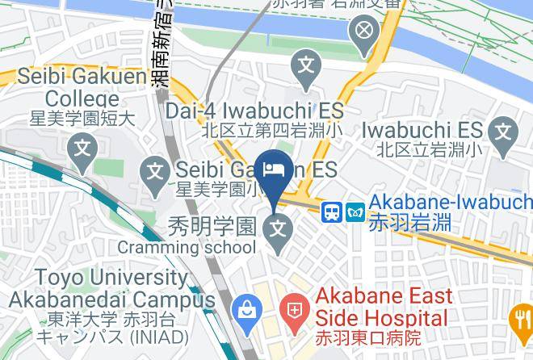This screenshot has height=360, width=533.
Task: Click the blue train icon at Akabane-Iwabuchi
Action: pos(331,211)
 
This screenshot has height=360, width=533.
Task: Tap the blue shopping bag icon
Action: pos(244,308)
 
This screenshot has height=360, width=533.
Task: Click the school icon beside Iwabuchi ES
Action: pos(505,129)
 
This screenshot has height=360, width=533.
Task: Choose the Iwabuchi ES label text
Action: pos(422,129)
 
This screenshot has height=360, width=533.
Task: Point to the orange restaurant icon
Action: pos(523,320)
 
